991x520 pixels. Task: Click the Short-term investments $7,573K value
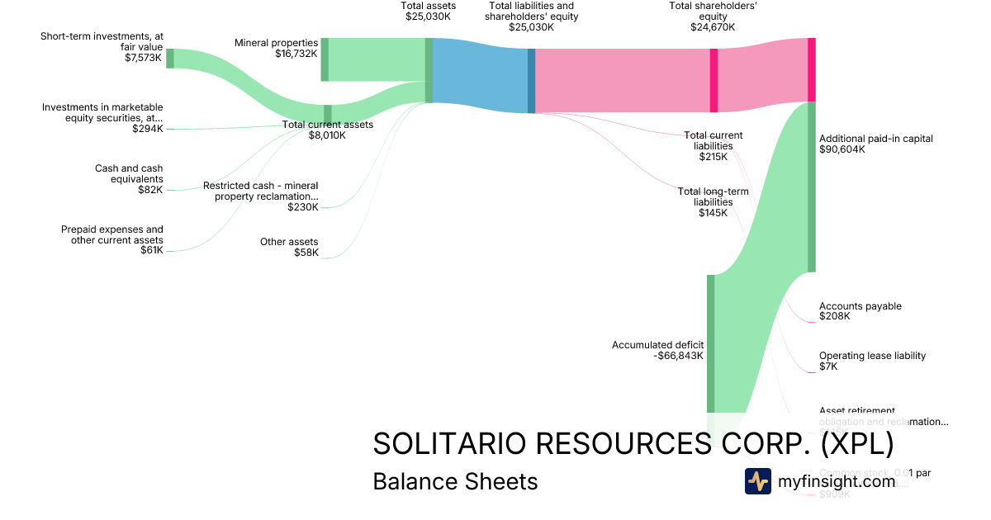pyautogui.click(x=144, y=58)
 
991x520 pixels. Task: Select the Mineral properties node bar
pyautogui.click(x=325, y=59)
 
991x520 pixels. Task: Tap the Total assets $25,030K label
pyautogui.click(x=428, y=11)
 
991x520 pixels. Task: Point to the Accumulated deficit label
pyautogui.click(x=657, y=345)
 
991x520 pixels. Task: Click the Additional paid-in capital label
pyautogui.click(x=875, y=139)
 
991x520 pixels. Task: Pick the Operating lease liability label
pyautogui.click(x=872, y=356)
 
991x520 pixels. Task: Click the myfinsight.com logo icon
pyautogui.click(x=757, y=481)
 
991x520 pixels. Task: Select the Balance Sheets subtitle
pyautogui.click(x=455, y=481)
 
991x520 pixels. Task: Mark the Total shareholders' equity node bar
pyautogui.click(x=714, y=80)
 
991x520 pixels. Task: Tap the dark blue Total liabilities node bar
pyautogui.click(x=531, y=80)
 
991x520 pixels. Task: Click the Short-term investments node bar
pyautogui.click(x=170, y=58)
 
